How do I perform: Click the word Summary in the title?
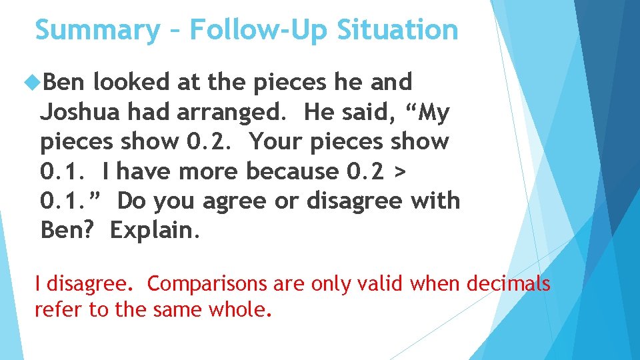tap(97, 31)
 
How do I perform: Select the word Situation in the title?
tap(398, 31)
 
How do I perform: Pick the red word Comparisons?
tap(207, 284)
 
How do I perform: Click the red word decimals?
tap(509, 284)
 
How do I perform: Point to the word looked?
tap(131, 82)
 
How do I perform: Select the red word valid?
tap(379, 284)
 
